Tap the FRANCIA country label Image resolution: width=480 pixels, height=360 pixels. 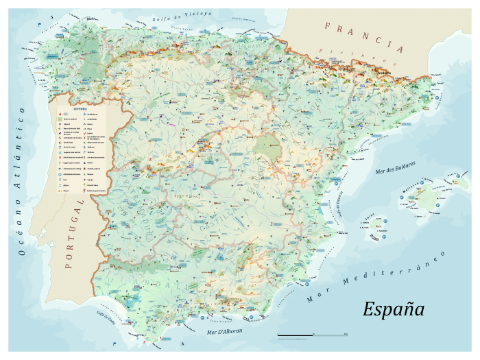(363, 37)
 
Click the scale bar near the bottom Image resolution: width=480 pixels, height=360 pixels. (313, 335)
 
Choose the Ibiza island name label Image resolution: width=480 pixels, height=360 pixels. (369, 213)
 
